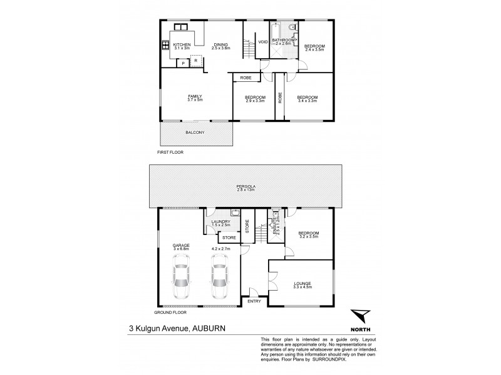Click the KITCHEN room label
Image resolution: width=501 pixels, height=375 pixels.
click(x=182, y=44)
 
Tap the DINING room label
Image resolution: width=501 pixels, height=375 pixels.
click(x=220, y=44)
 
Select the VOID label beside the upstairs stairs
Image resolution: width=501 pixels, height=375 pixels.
click(x=263, y=42)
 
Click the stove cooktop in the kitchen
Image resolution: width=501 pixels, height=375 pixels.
click(x=166, y=44)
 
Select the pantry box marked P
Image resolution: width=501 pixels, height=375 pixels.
click(x=182, y=63)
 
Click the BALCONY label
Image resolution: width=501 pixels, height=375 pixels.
click(x=194, y=132)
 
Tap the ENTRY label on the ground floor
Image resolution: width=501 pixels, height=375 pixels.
click(x=254, y=301)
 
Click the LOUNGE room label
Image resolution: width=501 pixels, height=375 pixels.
click(x=302, y=283)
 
